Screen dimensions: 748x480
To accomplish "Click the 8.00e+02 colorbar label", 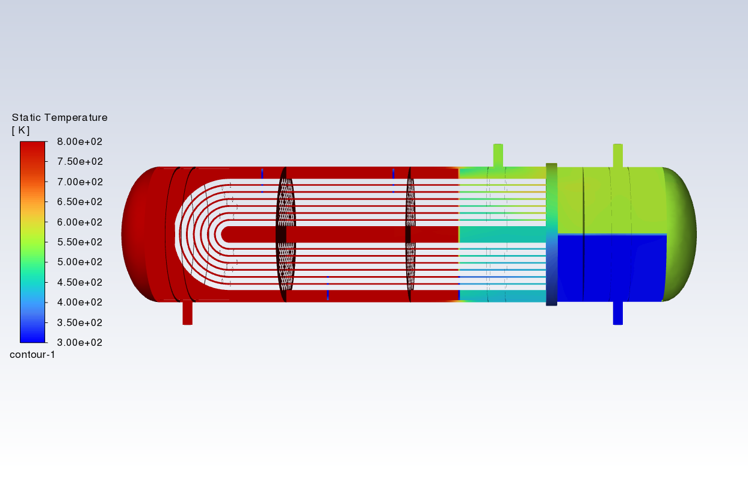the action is pos(79,141).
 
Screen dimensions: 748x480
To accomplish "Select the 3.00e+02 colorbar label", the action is pos(79,342).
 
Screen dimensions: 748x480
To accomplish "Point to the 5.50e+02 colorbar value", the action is pos(79,242).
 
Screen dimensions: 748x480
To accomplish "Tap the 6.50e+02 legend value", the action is pos(79,202).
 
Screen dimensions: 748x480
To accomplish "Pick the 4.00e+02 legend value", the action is pos(79,303).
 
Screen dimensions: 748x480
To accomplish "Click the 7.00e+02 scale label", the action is pos(79,182).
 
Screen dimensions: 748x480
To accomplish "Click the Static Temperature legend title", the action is pos(60,117).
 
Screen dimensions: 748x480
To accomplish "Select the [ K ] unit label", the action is pos(20,131).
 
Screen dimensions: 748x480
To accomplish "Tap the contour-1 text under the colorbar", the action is pos(32,354).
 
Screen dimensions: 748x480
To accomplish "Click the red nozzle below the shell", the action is pos(187,312).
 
